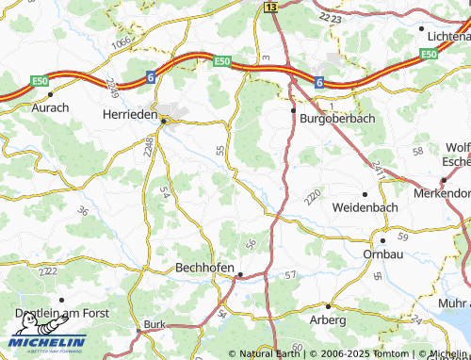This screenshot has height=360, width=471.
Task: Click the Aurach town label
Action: [51, 108]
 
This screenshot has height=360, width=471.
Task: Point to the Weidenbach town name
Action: [365, 206]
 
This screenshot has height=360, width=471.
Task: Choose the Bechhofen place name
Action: [204, 268]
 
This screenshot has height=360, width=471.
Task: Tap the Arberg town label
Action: [329, 320]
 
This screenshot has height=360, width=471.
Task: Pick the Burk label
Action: [153, 325]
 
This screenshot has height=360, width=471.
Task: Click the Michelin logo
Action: [47, 342]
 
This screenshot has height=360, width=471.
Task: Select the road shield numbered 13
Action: [271, 7]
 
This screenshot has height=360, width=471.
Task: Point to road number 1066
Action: [122, 45]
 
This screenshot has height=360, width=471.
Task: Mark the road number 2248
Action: [148, 145]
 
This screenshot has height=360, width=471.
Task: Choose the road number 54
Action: [165, 192]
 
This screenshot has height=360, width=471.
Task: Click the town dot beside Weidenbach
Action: [365, 193]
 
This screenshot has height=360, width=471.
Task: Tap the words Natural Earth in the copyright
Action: [271, 354]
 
